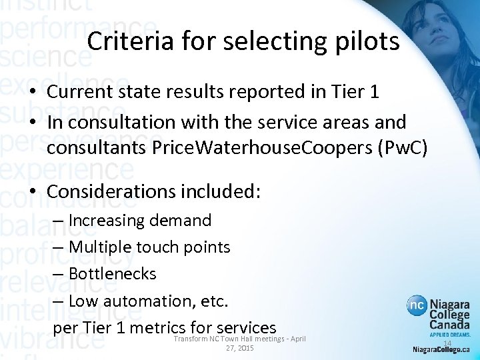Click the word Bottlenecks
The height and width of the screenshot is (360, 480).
[x=112, y=274]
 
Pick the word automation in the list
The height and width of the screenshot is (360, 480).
[x=141, y=301]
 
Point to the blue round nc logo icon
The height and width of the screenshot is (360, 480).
[x=417, y=305]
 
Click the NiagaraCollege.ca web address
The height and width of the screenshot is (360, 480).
[x=441, y=349]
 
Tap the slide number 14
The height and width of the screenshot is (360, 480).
[x=447, y=343]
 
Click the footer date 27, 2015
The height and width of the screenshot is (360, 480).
[x=240, y=349]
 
